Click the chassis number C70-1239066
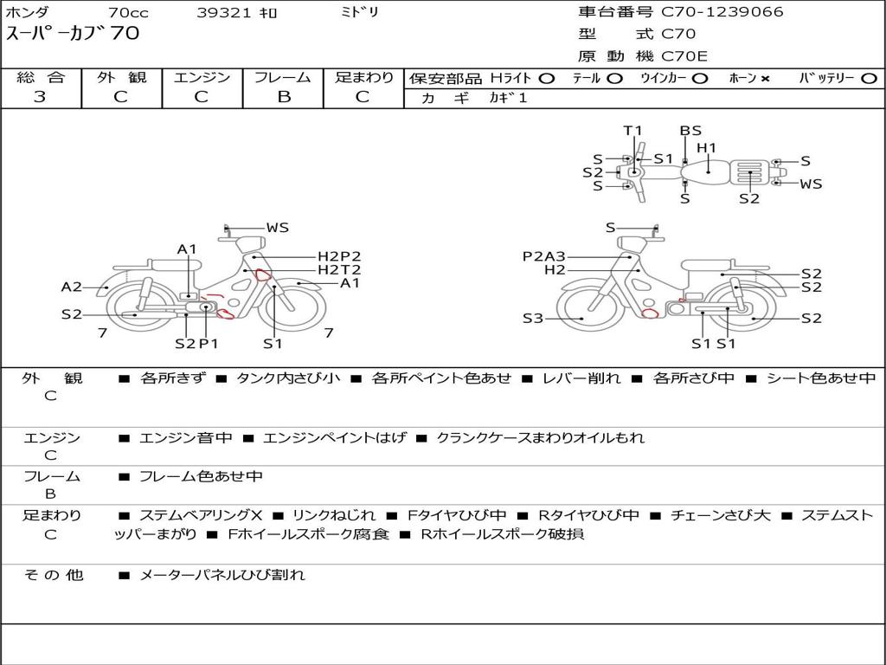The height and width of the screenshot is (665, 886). (722, 12)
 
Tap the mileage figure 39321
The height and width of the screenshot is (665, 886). (222, 12)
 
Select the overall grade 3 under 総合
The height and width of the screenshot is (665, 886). (40, 97)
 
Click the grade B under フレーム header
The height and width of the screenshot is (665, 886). (284, 97)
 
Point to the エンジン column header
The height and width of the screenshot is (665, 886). (202, 77)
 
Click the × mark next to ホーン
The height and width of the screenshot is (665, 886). (765, 79)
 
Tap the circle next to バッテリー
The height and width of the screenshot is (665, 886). (869, 79)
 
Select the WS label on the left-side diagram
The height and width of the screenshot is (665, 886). (278, 228)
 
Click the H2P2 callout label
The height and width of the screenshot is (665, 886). (339, 256)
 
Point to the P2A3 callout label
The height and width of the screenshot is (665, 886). (543, 256)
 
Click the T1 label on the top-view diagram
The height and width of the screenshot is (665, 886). (632, 132)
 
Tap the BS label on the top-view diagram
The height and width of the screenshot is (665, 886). (690, 132)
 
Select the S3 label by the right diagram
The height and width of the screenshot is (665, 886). (532, 319)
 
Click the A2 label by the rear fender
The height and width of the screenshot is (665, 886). (71, 287)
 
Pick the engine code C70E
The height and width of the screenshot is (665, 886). (684, 56)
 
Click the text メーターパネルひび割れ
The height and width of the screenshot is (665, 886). (222, 575)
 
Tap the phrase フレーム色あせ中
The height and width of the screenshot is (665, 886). (201, 477)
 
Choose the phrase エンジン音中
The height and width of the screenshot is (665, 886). (186, 437)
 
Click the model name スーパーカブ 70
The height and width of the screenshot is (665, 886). (73, 34)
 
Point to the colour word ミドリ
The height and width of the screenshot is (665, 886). (359, 12)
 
